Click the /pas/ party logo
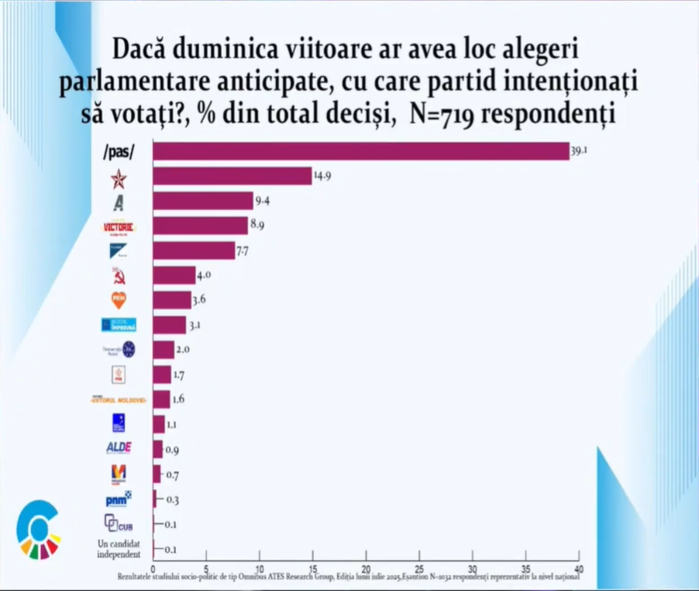tap(119, 153)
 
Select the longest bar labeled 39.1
tap(361, 151)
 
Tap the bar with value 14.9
tap(232, 177)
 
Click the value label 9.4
tap(264, 202)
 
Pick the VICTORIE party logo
tap(119, 227)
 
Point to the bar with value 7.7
tap(194, 251)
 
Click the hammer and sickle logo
tap(119, 276)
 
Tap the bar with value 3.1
tap(169, 325)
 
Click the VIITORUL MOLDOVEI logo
tap(119, 399)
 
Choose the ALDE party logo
tap(119, 448)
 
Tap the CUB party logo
tap(119, 524)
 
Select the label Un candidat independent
tap(119, 548)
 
